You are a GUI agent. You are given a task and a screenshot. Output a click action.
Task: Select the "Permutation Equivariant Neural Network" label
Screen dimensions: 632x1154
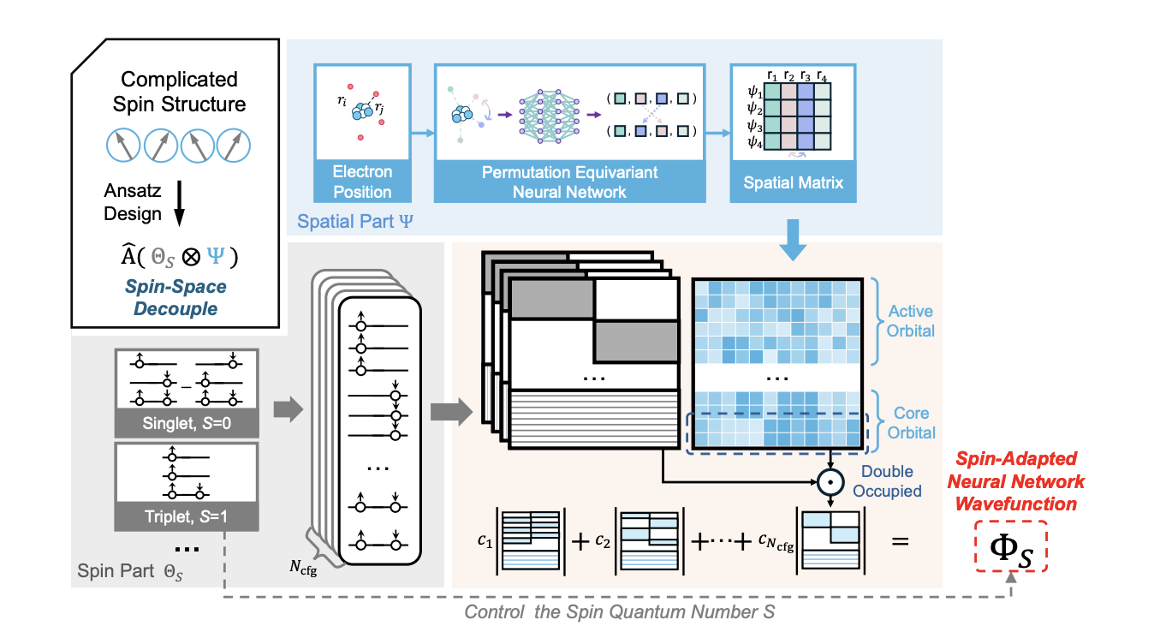click(x=569, y=182)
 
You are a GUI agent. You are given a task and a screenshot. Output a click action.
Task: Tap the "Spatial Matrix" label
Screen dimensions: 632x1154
click(x=793, y=182)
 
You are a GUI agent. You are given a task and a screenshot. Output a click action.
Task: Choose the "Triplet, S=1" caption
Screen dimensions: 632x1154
click(x=184, y=516)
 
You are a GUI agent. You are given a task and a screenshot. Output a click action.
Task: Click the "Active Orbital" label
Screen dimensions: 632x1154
click(x=911, y=321)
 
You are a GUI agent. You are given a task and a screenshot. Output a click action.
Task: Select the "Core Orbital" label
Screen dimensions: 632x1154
click(x=911, y=423)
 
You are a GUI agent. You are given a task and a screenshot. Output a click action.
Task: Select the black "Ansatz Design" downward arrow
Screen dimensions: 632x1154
click(x=176, y=206)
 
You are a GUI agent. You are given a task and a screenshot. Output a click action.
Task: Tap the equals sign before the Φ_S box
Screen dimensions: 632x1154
click(x=900, y=540)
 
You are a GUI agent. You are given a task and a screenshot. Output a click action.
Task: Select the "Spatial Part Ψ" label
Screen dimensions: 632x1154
click(x=355, y=222)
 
